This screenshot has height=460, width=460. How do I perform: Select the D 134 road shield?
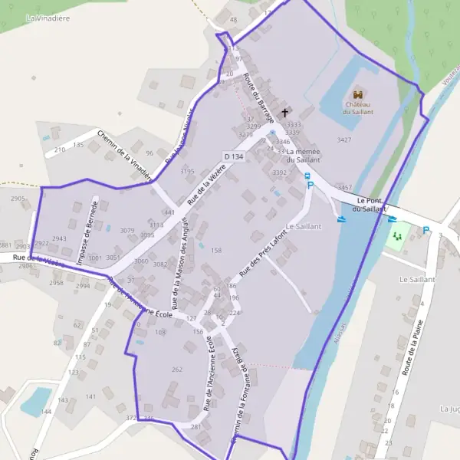[x=235, y=156]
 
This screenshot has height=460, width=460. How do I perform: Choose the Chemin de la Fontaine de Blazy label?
[x=243, y=396]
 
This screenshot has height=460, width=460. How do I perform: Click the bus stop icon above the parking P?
[x=308, y=176]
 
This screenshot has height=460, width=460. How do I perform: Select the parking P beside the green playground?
[x=426, y=229]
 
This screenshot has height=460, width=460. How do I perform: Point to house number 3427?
[x=344, y=140]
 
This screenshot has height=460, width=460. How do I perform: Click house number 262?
[x=177, y=370]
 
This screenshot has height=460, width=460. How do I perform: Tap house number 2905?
[x=18, y=199]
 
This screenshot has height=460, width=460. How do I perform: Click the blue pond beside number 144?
[x=35, y=399]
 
